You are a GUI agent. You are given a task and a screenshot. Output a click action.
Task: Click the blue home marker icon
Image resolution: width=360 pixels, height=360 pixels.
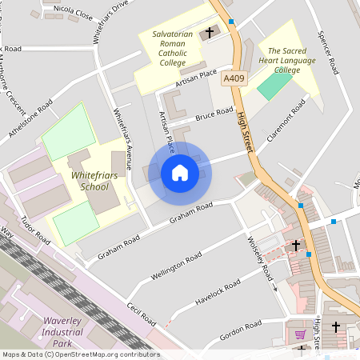pos(180,173)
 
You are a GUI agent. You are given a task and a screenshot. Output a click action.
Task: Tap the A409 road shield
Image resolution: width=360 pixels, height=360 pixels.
pos(233,78)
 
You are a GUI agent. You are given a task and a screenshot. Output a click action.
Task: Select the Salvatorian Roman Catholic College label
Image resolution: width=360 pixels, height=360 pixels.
pos(172,48)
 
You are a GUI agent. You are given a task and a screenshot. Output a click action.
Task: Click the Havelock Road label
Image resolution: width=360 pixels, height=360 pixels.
pos(217,294)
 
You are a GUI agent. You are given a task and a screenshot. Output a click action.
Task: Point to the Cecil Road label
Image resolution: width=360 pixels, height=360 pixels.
pos(141,314)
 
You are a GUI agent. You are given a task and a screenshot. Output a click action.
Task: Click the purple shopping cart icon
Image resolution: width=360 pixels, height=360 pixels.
pos(301,334)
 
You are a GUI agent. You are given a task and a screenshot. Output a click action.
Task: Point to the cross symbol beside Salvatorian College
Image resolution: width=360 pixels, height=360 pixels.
pos(210,33)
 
